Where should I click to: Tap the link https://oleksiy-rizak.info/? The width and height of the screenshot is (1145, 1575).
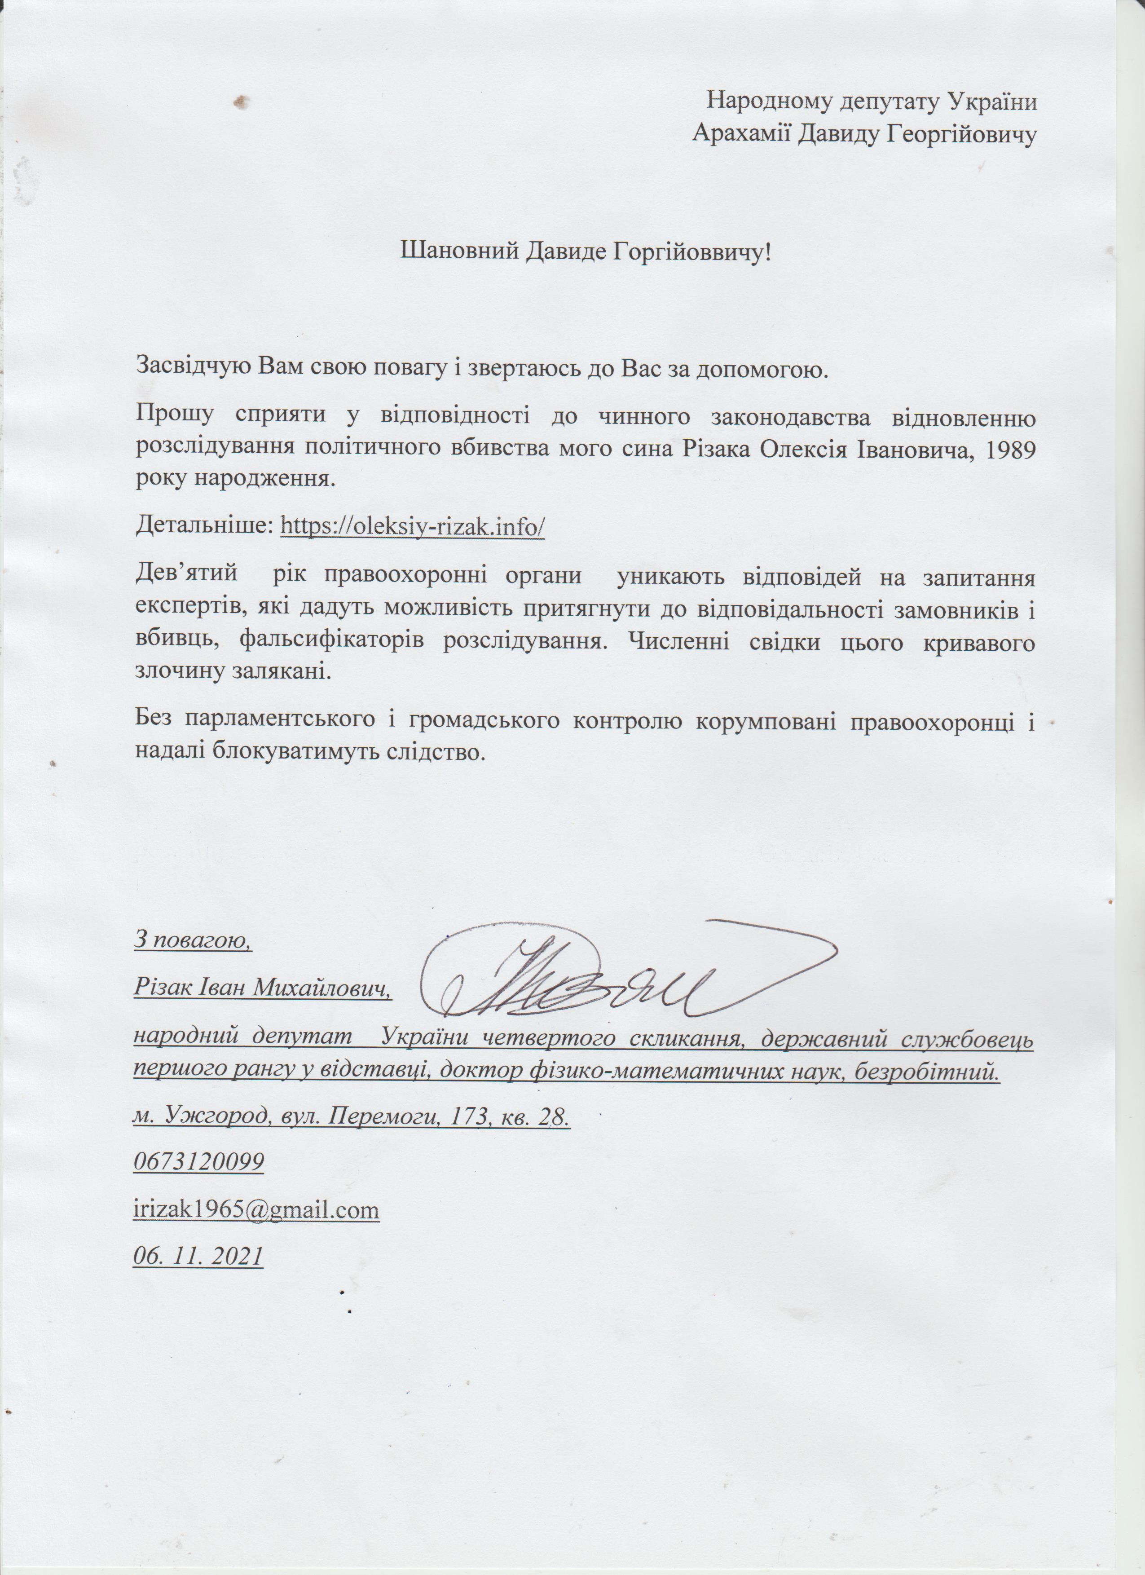coord(412,526)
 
